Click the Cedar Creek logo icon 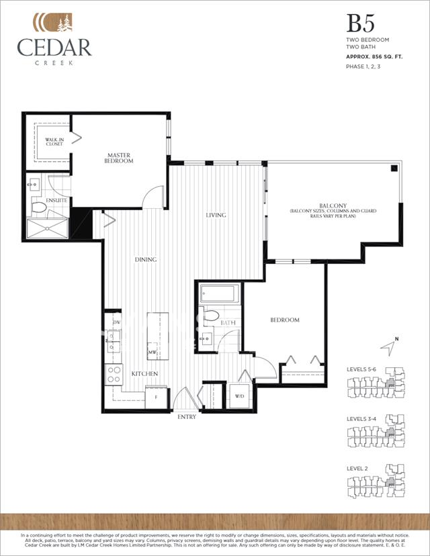click(54, 22)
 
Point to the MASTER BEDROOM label click(119, 158)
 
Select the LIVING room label click(216, 216)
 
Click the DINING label click(145, 260)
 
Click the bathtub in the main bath click(218, 294)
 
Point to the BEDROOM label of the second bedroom click(284, 320)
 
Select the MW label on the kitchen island click(153, 352)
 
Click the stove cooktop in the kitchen click(114, 374)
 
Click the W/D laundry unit click(240, 395)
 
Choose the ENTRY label click(187, 417)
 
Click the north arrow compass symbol click(388, 347)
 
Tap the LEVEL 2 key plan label click(357, 468)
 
